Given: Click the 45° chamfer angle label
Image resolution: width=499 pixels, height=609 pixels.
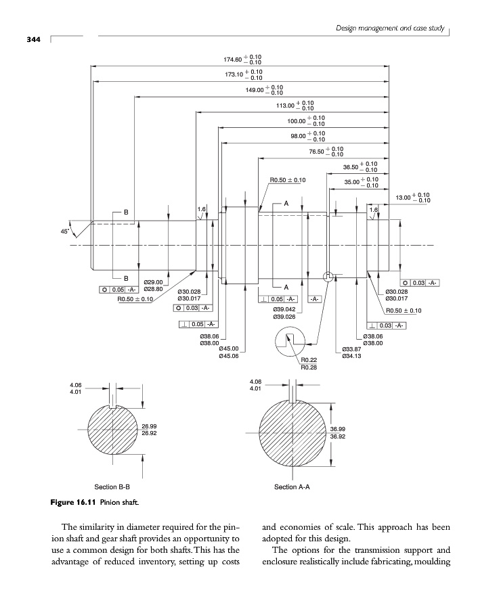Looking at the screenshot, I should click(x=65, y=231).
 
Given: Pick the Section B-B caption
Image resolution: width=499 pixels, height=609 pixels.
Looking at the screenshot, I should click(x=112, y=487).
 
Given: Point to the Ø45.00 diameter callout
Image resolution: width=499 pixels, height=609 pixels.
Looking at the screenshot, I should click(x=229, y=348).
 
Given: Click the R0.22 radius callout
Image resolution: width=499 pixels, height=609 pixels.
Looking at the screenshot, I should click(x=309, y=361).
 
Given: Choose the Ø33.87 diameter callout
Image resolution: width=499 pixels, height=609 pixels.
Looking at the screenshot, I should click(x=352, y=348).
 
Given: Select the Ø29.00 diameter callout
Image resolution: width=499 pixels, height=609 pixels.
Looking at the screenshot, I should click(x=154, y=282).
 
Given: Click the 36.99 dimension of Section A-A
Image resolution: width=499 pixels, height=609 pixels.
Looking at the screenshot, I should click(x=338, y=429).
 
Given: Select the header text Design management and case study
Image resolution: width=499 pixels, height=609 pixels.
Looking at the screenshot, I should click(x=391, y=27).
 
